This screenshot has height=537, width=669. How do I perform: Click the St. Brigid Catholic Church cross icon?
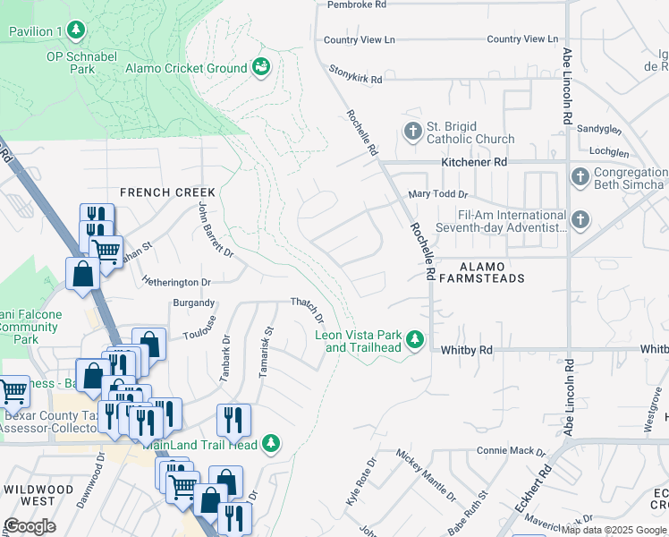[412, 131]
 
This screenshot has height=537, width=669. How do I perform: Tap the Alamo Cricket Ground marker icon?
[261, 67]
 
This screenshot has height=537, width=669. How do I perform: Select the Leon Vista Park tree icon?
[414, 339]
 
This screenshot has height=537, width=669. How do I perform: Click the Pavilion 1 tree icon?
[77, 31]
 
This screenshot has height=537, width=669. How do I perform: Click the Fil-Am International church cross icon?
[580, 219]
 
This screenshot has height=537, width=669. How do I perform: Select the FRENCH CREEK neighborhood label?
[167, 192]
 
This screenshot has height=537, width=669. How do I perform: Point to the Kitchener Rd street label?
[474, 163]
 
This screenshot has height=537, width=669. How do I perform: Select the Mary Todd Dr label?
[437, 194]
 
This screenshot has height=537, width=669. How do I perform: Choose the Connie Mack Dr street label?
[510, 450]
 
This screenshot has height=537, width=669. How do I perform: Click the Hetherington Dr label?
[175, 281]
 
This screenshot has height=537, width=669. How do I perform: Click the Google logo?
[30, 525]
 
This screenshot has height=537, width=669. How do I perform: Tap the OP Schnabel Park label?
[82, 61]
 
